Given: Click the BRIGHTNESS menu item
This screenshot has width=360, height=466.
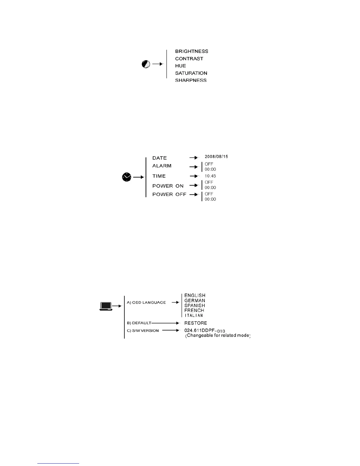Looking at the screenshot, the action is pyautogui.click(x=191, y=51).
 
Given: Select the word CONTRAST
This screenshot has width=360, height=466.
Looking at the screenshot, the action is pyautogui.click(x=189, y=59).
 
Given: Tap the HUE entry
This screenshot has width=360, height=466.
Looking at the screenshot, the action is pyautogui.click(x=181, y=66).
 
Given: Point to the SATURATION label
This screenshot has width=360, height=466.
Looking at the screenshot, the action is pyautogui.click(x=191, y=73).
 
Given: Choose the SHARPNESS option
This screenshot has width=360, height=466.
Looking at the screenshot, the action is pyautogui.click(x=191, y=80).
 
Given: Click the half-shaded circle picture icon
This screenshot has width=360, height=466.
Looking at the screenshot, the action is pyautogui.click(x=146, y=64).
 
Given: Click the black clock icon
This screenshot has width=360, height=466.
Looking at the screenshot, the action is pyautogui.click(x=126, y=177).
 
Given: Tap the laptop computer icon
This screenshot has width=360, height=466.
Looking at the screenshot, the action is pyautogui.click(x=106, y=306).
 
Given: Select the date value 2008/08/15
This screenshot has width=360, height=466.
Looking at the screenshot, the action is pyautogui.click(x=216, y=157).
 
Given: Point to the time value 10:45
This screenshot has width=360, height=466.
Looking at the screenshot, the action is pyautogui.click(x=210, y=176).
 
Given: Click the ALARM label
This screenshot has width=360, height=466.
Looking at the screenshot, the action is pyautogui.click(x=162, y=166).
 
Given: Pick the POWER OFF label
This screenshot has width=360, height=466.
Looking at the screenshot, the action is pyautogui.click(x=169, y=194).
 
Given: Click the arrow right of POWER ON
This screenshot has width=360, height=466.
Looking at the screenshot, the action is pyautogui.click(x=194, y=185).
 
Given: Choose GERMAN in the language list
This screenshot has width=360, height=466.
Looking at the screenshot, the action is pyautogui.click(x=195, y=301).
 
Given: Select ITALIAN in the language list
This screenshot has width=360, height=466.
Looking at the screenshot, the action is pyautogui.click(x=194, y=316).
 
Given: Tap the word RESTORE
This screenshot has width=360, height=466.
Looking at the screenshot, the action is pyautogui.click(x=196, y=323).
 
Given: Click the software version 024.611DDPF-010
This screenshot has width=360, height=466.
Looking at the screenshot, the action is pyautogui.click(x=205, y=331).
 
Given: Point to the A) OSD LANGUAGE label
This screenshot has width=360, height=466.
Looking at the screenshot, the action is pyautogui.click(x=146, y=302).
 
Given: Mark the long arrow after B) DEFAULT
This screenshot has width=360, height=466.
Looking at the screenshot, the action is pyautogui.click(x=165, y=323).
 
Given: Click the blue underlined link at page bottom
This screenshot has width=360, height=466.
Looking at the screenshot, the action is pyautogui.click(x=58, y=464).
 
